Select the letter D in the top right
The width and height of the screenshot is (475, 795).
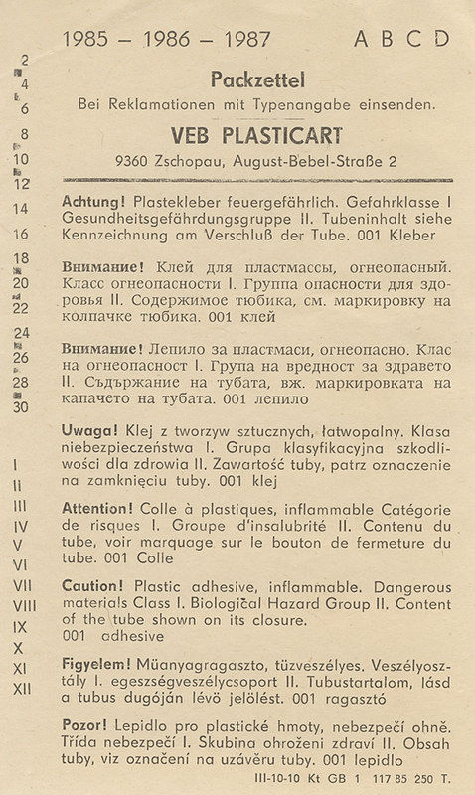coord(441,39)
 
